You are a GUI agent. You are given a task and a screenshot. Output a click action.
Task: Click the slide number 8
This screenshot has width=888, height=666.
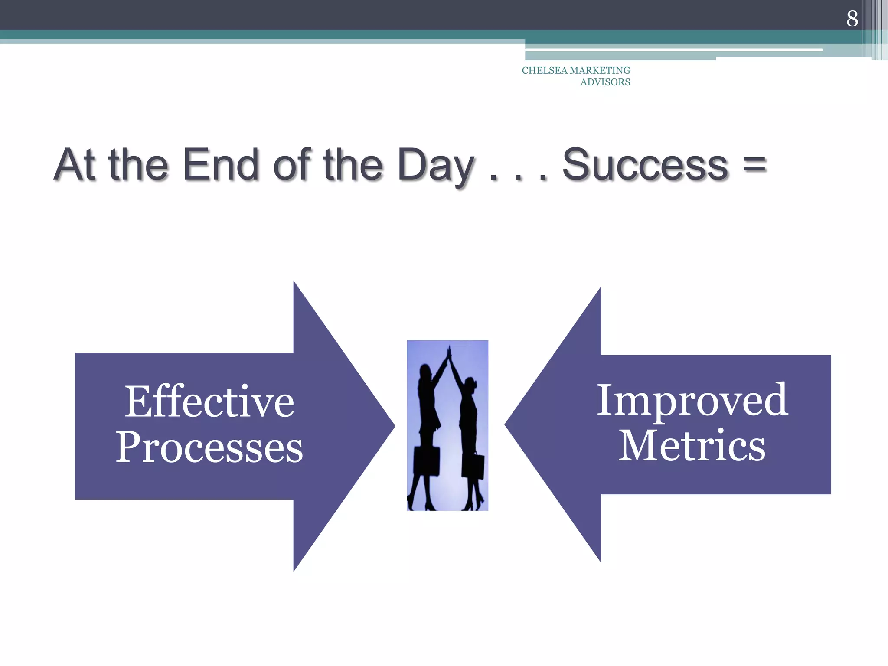[x=852, y=18]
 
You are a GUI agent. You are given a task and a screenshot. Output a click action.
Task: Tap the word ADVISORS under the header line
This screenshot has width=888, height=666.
[x=605, y=82]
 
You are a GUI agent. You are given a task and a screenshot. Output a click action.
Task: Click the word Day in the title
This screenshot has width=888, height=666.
[x=435, y=166]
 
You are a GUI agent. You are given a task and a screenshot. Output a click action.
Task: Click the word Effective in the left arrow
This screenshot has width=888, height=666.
[x=209, y=402]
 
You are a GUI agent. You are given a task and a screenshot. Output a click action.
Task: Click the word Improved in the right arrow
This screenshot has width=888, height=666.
[x=692, y=400]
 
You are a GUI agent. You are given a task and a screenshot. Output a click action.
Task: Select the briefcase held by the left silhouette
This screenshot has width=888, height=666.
[x=426, y=460]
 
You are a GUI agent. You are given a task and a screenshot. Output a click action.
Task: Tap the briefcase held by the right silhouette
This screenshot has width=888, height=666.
[x=473, y=466]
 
